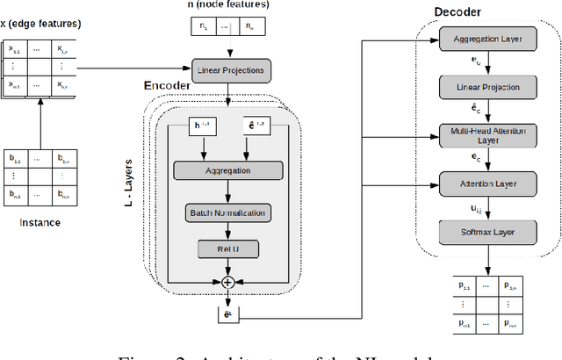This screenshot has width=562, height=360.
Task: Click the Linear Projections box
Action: pos(228,69)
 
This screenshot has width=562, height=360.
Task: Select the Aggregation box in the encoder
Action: pos(228,171)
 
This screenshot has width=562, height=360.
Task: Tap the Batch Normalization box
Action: pos(228,212)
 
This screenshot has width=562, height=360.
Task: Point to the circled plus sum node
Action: pos(228,282)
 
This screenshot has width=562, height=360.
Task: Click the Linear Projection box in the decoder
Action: pos(489,87)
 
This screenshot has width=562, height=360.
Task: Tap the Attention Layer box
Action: pos(489,184)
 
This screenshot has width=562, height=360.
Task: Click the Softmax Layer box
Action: pos(489,232)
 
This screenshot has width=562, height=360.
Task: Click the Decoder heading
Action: pos(463,11)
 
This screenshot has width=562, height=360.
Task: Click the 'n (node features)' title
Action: pos(228,5)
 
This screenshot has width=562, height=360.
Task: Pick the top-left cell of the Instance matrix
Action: pos(15,159)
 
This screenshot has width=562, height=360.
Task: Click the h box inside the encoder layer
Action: pos(201,126)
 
